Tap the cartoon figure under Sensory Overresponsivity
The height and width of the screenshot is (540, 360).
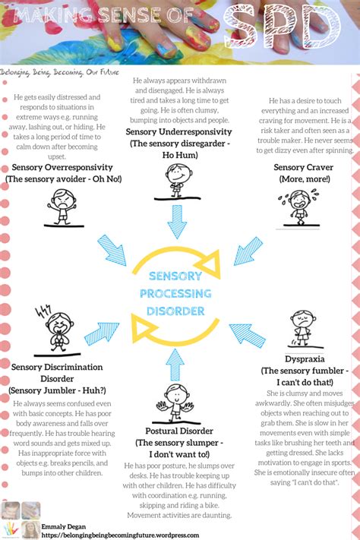[62, 206]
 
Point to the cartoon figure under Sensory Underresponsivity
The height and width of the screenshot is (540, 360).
[178, 181]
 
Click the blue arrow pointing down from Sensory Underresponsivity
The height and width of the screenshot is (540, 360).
[177, 222]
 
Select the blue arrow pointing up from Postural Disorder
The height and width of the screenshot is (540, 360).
[176, 365]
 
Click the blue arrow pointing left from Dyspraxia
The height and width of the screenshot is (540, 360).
[248, 335]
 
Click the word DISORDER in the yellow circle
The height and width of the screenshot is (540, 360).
[176, 311]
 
